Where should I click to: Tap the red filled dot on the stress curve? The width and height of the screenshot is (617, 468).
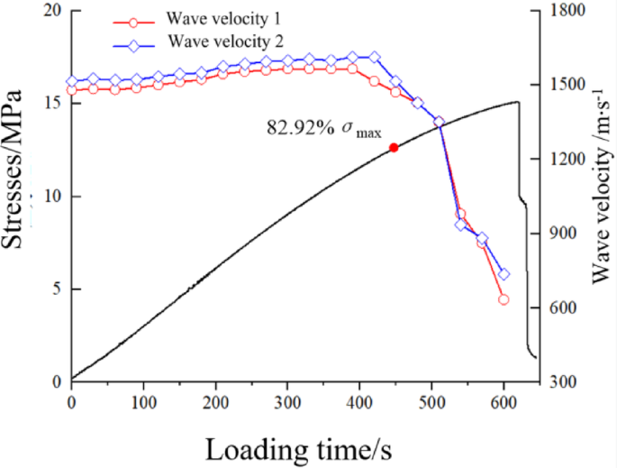pos(394,147)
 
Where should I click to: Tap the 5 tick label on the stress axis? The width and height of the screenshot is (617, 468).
pos(56,289)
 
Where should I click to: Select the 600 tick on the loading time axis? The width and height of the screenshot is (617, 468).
pos(504,400)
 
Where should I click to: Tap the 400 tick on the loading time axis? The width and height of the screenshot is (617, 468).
pos(360,400)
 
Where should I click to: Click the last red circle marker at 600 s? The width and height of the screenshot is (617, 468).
pos(504,299)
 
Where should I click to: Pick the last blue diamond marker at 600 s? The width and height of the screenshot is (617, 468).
pos(504,274)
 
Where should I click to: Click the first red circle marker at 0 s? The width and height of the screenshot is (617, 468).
pos(72,90)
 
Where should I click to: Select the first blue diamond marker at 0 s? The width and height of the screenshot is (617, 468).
pos(72,81)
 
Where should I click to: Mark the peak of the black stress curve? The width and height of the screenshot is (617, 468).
pos(517,102)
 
